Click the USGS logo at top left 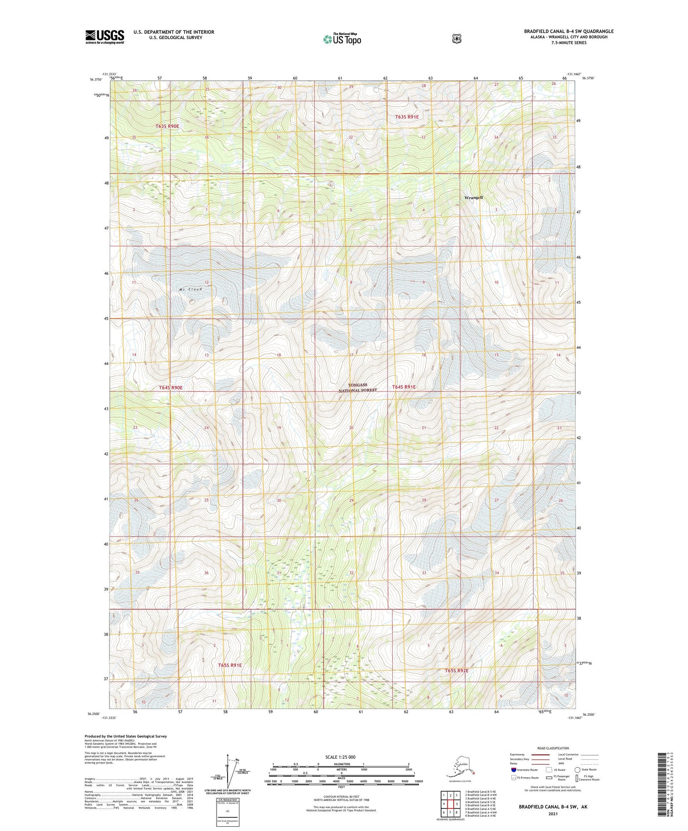(104, 37)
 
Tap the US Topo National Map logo (342, 39)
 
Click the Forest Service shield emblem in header (457, 39)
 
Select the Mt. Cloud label (190, 289)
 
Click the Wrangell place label (474, 198)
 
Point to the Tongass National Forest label (358, 387)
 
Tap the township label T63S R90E (167, 126)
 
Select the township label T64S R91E (404, 387)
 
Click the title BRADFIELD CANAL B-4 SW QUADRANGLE (568, 31)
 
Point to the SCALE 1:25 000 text (340, 757)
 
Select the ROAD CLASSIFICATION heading (553, 748)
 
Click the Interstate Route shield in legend (513, 770)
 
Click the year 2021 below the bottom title (553, 813)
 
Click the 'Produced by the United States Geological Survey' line (126, 736)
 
